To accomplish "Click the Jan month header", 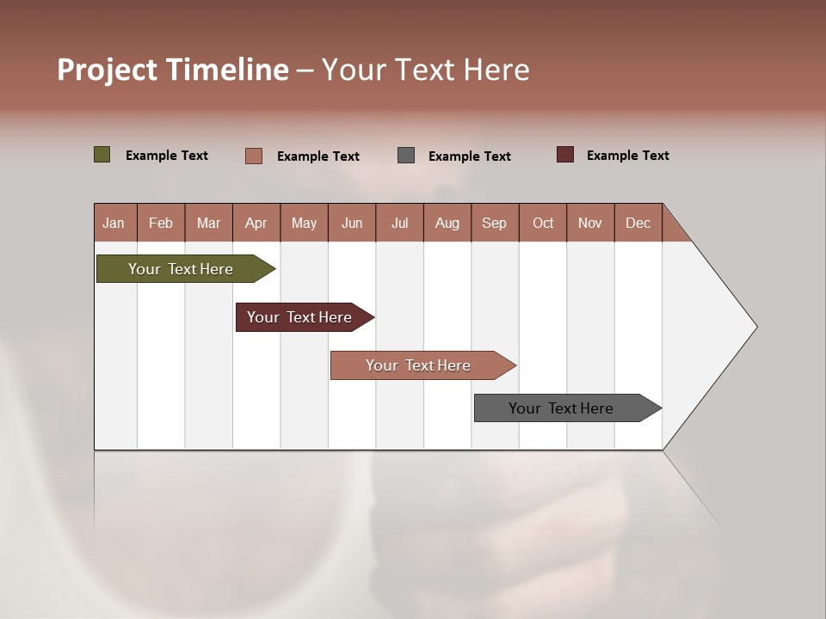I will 114,223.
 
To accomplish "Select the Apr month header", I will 256,223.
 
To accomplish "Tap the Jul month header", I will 399,223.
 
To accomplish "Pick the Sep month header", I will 495,223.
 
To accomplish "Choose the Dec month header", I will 638,223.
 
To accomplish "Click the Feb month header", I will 161,223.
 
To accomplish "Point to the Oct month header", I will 543,223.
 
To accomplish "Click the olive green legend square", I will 102,155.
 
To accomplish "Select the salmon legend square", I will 253,156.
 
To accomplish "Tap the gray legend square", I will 406,155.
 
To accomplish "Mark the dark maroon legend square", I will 564,155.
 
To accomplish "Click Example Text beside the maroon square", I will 627,156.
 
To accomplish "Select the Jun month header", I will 352,223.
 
